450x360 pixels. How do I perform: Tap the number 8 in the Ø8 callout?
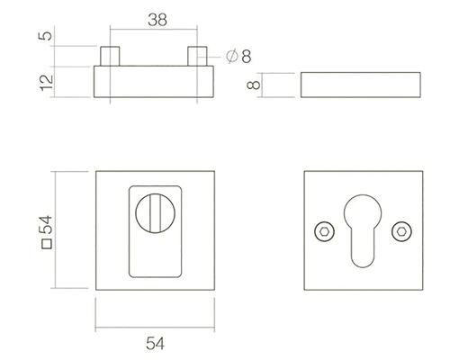[246, 57]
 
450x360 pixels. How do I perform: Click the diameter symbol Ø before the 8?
[232, 57]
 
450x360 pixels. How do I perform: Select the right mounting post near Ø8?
[196, 56]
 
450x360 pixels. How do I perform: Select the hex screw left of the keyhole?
[322, 231]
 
